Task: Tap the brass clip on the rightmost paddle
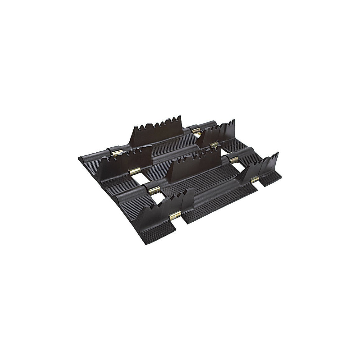pos(255,179)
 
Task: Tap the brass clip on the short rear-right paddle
pos(213,145)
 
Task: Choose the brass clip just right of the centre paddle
pos(233,159)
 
